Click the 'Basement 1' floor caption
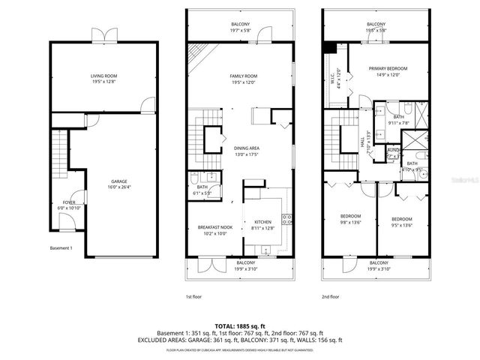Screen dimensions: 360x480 tap(61, 248)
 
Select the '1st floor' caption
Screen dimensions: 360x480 tap(194, 297)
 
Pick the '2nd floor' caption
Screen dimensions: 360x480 tap(331, 297)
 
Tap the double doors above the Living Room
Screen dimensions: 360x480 tap(103, 35)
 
